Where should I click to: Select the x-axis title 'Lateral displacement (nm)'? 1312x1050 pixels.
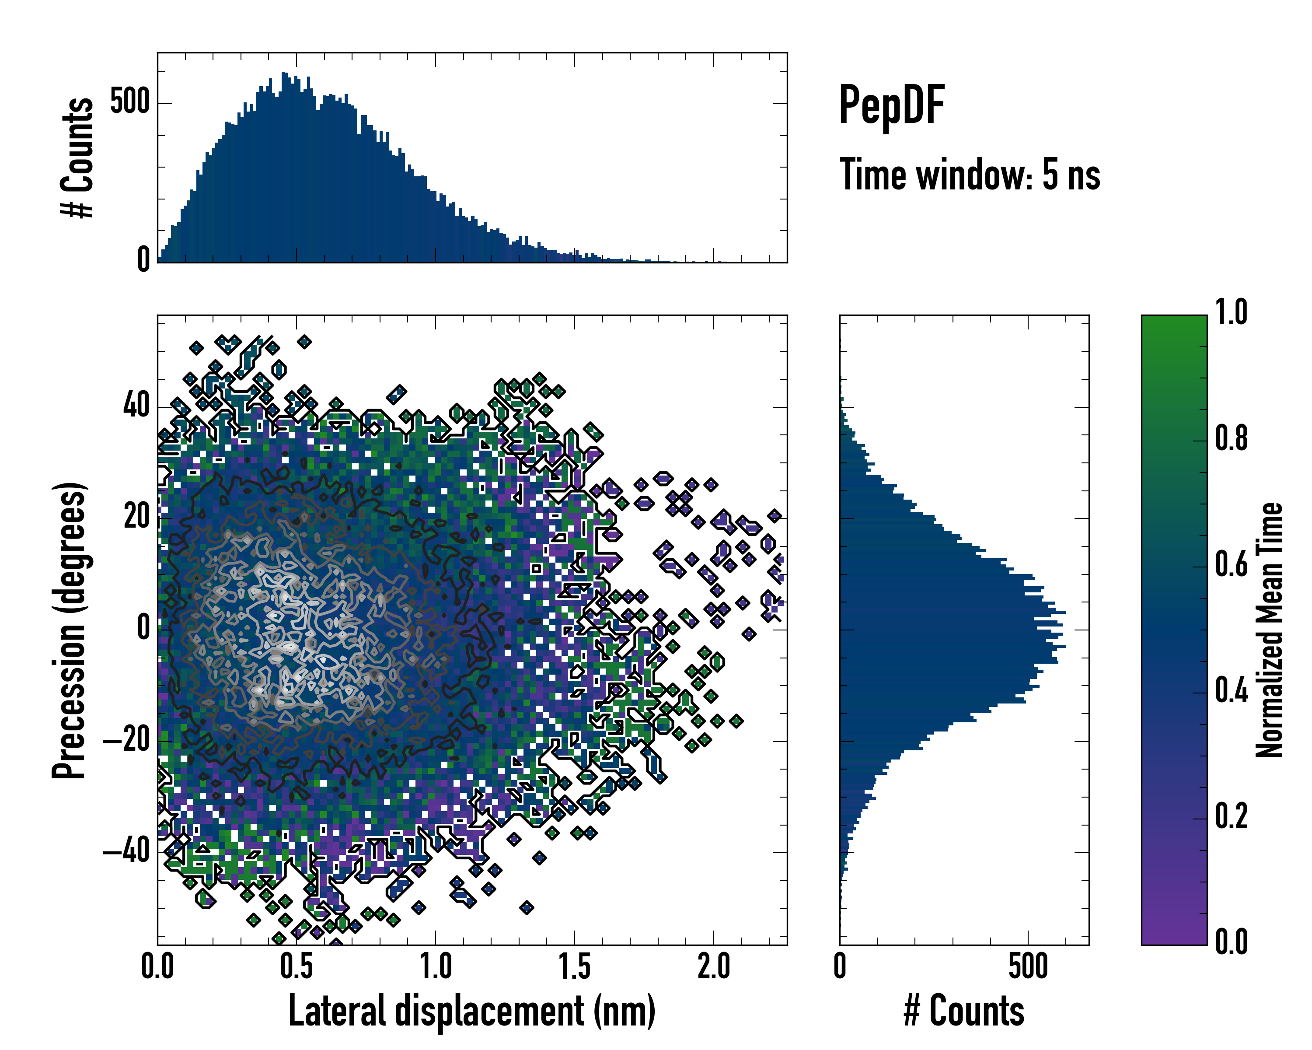pos(471,1011)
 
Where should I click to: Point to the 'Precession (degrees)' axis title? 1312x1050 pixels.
pos(69,630)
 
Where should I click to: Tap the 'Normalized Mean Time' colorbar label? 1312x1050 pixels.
pos(1270,630)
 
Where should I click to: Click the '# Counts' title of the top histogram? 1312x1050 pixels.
pos(77,157)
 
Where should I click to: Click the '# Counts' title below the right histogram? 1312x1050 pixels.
pos(964,1011)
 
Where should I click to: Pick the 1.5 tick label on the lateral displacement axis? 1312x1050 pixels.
pos(575,966)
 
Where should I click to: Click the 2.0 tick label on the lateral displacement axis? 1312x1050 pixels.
pos(714,966)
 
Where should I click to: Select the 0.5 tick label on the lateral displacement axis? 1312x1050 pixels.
pos(297,966)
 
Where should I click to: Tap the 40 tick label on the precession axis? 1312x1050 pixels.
pos(137,406)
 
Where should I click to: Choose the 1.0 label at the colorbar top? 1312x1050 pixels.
pos(1231,313)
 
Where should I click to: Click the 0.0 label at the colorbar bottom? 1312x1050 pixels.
pos(1231,941)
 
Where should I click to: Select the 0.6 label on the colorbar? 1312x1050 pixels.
pos(1231,565)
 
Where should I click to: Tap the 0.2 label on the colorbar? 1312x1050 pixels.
pos(1231,817)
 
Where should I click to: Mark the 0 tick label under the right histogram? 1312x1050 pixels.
pos(840,966)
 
